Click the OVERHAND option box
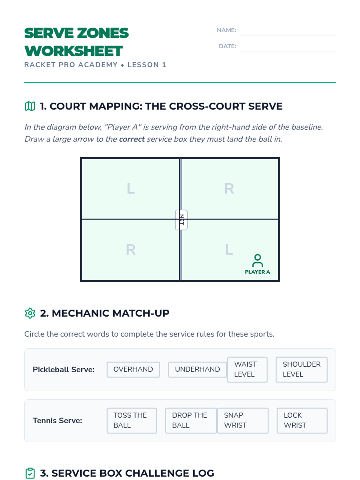133,369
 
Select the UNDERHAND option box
197,369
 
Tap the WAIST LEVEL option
247,369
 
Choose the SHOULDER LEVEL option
301,369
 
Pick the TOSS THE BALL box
132,420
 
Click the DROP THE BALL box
191,420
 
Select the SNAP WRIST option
243,420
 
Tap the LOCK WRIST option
302,420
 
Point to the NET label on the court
181,220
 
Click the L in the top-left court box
131,188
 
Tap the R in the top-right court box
229,188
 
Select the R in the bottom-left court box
131,250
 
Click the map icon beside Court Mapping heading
30,106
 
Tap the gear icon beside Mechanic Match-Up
30,313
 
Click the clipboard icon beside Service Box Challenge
30,473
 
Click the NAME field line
288,36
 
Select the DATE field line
288,52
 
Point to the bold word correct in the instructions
132,139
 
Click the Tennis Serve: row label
57,421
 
